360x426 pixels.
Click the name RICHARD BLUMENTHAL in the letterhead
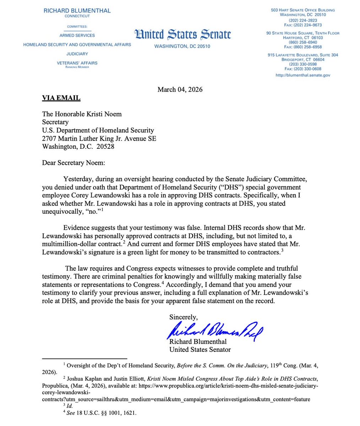(77, 11)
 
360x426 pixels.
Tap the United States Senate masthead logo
(183, 35)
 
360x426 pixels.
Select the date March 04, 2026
(180, 89)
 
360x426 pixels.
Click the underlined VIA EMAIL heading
(61, 98)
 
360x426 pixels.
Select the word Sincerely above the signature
(183, 317)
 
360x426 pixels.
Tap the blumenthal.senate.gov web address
(303, 75)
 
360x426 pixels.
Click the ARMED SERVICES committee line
(77, 35)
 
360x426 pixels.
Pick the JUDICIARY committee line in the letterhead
(77, 54)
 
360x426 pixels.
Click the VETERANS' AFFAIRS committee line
(77, 63)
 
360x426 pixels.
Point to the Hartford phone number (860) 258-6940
(303, 42)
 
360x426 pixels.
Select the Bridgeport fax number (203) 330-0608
(303, 69)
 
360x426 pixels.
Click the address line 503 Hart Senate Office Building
(303, 10)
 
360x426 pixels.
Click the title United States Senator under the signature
(200, 350)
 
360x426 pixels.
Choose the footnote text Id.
(70, 406)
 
